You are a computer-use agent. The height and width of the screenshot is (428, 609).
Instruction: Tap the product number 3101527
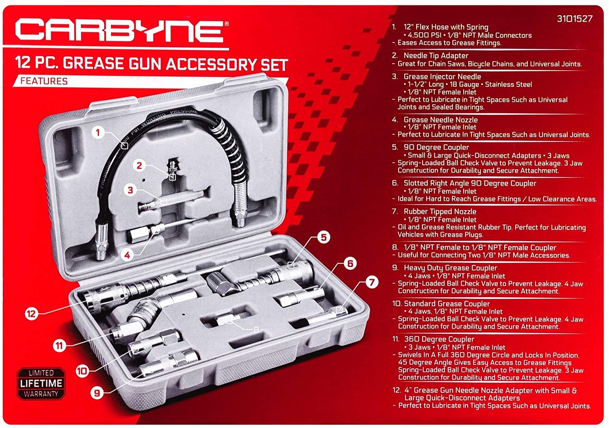[574, 19]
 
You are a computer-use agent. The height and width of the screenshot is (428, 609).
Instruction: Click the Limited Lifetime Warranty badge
[41, 383]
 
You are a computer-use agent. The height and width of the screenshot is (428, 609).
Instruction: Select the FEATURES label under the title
[44, 81]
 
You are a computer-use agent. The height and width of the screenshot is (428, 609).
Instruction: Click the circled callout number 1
[98, 132]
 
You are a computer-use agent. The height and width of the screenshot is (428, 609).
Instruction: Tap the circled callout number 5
[324, 237]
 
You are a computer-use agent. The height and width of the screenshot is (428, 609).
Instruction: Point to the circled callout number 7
[371, 282]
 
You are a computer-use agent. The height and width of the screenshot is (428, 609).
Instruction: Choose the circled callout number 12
[31, 313]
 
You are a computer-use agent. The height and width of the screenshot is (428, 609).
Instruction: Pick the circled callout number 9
[97, 393]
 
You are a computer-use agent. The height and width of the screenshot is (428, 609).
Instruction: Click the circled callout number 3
[130, 190]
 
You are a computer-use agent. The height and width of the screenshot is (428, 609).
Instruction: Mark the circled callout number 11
[60, 346]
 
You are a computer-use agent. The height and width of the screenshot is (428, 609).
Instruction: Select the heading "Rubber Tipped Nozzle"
[440, 212]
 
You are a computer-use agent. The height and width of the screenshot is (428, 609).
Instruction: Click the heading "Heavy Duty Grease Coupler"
[450, 268]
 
